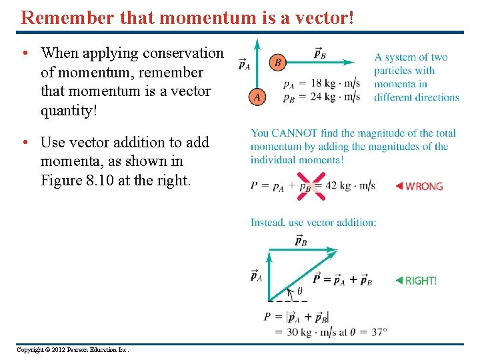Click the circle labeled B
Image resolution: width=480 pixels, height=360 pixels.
277,63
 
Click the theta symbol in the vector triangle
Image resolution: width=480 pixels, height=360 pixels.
299,291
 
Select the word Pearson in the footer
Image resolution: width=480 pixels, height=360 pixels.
85,349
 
